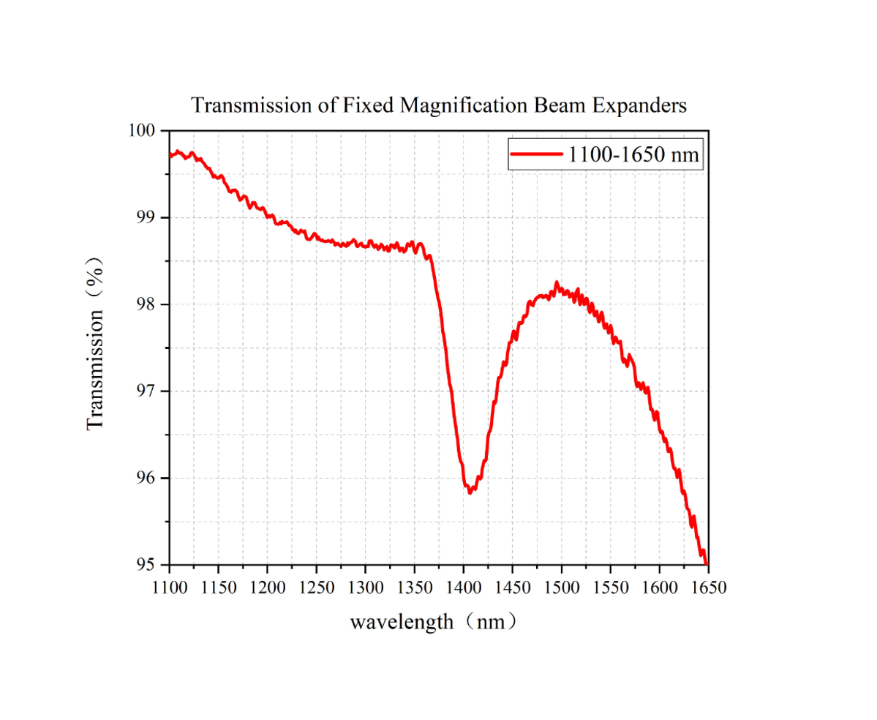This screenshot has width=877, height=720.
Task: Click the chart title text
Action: click(x=439, y=105)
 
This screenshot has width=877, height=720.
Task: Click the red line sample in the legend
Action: click(x=536, y=154)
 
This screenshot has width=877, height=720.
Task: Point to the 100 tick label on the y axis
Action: click(x=143, y=131)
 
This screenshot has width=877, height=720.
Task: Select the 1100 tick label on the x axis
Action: click(x=170, y=588)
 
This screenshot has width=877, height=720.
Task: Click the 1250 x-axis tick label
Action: click(x=317, y=588)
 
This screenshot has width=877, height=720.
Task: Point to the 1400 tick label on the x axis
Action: click(x=464, y=588)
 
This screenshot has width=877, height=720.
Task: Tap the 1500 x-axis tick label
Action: click(x=562, y=588)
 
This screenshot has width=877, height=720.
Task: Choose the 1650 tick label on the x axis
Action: click(x=708, y=588)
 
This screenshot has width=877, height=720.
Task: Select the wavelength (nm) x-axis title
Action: click(x=435, y=623)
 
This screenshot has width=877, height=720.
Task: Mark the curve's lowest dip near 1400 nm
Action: click(x=470, y=492)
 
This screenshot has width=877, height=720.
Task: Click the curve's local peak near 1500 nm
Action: click(x=557, y=283)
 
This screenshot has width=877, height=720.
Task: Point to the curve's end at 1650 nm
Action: click(x=707, y=563)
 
